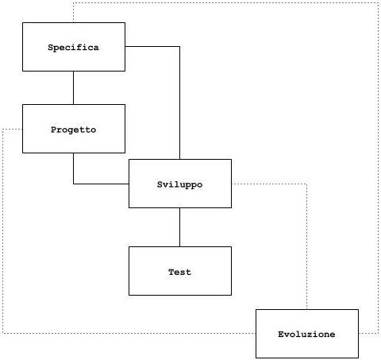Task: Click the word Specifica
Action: click(x=73, y=48)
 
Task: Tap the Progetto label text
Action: click(x=73, y=130)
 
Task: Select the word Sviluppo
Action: click(x=180, y=184)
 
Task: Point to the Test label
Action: click(x=180, y=272)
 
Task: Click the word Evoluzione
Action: click(x=306, y=335)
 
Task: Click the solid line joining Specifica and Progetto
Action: click(x=73, y=87)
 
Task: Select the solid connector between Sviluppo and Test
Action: click(x=180, y=227)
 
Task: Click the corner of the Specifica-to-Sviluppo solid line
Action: click(x=180, y=47)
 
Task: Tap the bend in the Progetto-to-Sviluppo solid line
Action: click(x=73, y=184)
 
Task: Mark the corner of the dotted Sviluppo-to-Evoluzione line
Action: click(x=307, y=184)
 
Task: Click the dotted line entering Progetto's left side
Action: click(x=13, y=130)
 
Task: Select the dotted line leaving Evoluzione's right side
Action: click(x=368, y=333)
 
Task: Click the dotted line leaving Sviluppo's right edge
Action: click(x=269, y=184)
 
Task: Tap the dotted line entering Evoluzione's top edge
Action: click(x=307, y=246)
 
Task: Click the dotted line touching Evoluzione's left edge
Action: click(x=129, y=333)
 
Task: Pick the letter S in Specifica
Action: click(x=51, y=48)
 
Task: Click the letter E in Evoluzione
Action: click(x=281, y=335)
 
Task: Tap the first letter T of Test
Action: click(x=171, y=272)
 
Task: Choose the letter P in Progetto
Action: click(x=54, y=130)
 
